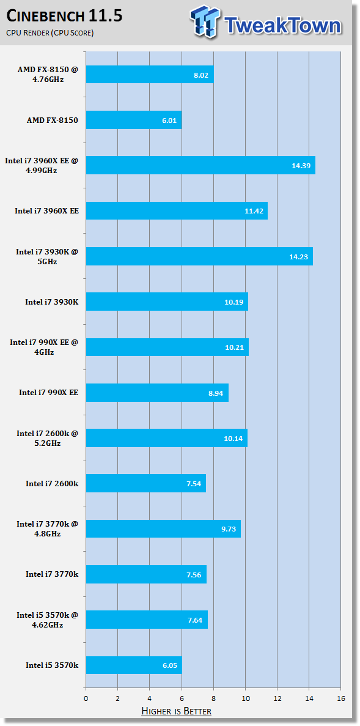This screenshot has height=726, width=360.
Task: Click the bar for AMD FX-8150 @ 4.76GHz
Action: pos(150,74)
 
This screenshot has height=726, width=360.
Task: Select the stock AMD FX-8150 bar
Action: pos(134,119)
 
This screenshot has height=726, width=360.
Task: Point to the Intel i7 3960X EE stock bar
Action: pos(177,210)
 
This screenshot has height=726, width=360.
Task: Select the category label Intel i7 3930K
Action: pos(52,302)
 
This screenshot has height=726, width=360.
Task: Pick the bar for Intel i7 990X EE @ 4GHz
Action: pos(167,347)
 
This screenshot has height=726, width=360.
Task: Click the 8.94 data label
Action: pos(217,393)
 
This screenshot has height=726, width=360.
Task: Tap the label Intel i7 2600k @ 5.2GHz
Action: pos(48,438)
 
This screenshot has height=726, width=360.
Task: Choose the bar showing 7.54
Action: pos(145,483)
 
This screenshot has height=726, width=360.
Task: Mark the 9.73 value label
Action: pos(229,529)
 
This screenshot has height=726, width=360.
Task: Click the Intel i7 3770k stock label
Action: pos(53,574)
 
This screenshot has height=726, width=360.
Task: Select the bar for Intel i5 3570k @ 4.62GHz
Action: pos(147,620)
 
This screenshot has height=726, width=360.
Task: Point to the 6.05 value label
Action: pos(171,665)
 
